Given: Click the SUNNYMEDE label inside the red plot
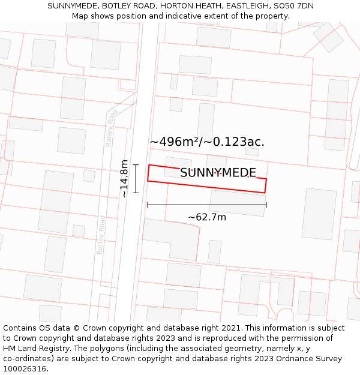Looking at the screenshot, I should point(218,173).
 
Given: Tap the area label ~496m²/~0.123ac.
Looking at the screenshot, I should point(207,142).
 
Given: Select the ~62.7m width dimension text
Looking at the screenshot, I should point(207,217).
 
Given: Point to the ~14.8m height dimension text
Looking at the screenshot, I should point(124,178).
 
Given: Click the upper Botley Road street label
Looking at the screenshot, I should point(111,128).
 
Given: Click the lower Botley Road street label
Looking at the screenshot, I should point(101,235).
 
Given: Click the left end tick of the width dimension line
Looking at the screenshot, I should point(148,205).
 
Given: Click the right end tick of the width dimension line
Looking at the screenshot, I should point(266,205).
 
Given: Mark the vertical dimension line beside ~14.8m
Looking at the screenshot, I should point(136,178).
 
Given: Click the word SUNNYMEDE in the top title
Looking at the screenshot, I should point(73,6).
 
